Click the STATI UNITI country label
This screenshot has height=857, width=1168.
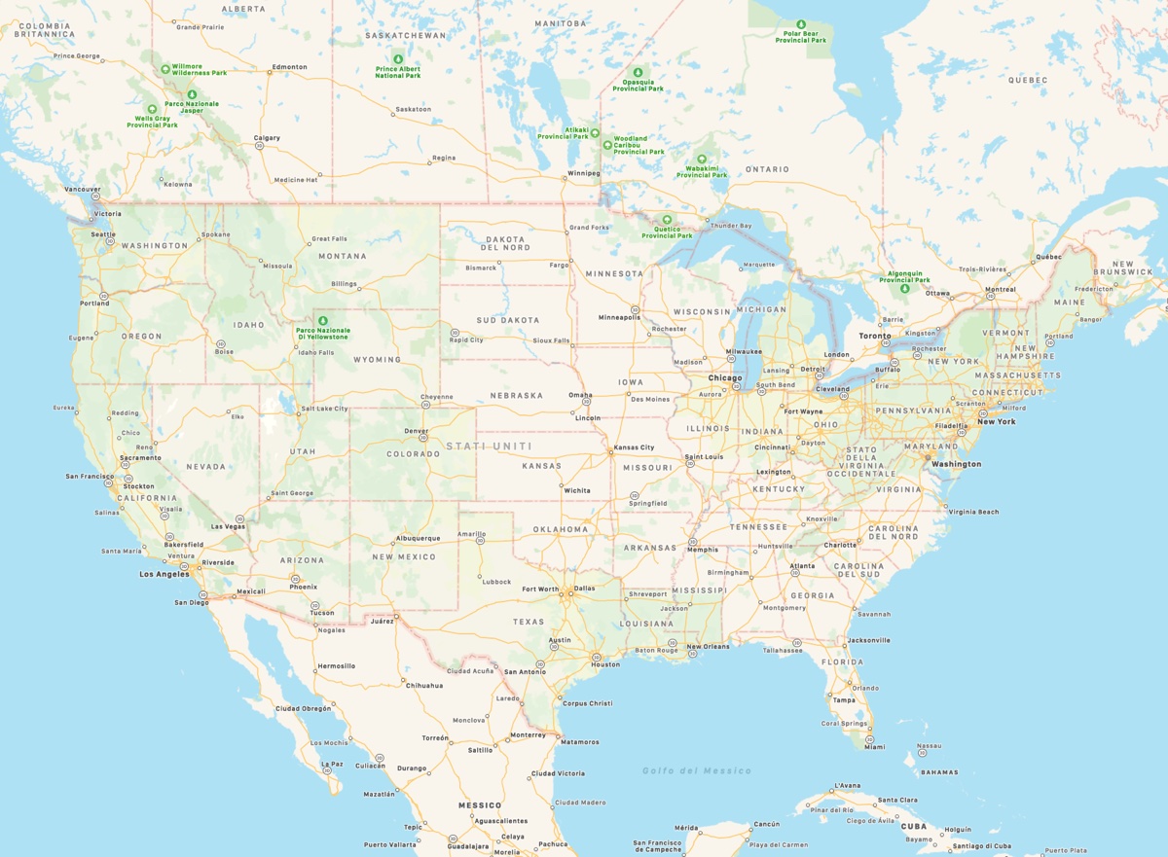pyautogui.click(x=489, y=446)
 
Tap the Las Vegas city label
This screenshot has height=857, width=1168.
pyautogui.click(x=228, y=526)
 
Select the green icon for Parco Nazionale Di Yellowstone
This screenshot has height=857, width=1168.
pyautogui.click(x=323, y=320)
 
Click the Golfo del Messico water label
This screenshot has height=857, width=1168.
pyautogui.click(x=696, y=770)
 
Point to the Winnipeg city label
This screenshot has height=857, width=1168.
pyautogui.click(x=582, y=175)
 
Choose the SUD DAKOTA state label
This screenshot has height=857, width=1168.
pyautogui.click(x=507, y=319)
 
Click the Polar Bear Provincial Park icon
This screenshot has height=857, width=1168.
pyautogui.click(x=801, y=24)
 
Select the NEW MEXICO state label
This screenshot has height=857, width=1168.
pyautogui.click(x=404, y=556)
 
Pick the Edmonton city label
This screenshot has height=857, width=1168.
pyautogui.click(x=289, y=67)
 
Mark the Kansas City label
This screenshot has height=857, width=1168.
pyautogui.click(x=634, y=447)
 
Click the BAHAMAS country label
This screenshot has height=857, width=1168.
pyautogui.click(x=939, y=772)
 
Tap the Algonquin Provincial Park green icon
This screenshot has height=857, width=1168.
pyautogui.click(x=905, y=288)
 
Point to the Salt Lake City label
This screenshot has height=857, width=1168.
pyautogui.click(x=324, y=409)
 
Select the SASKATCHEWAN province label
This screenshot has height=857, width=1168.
pyautogui.click(x=405, y=35)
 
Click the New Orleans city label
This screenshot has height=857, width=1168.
pyautogui.click(x=708, y=647)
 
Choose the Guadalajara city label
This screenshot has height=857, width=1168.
pyautogui.click(x=467, y=846)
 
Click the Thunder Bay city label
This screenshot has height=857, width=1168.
pyautogui.click(x=731, y=226)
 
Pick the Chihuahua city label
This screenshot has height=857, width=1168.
pyautogui.click(x=424, y=685)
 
